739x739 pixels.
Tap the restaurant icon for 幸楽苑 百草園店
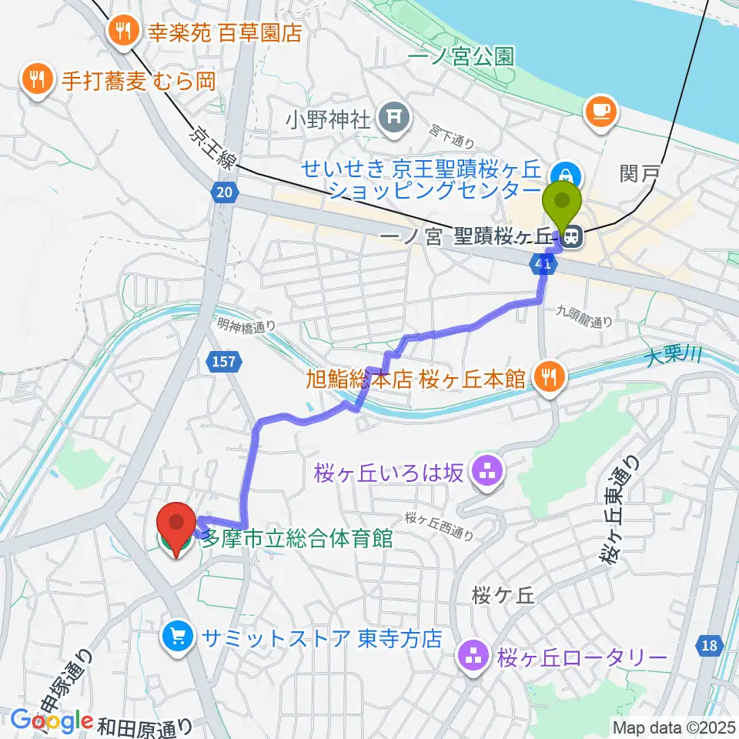tap(122, 32)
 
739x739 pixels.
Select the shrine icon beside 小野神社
tap(393, 118)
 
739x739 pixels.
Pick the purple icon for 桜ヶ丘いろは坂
tap(487, 473)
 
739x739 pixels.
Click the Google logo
tap(51, 720)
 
